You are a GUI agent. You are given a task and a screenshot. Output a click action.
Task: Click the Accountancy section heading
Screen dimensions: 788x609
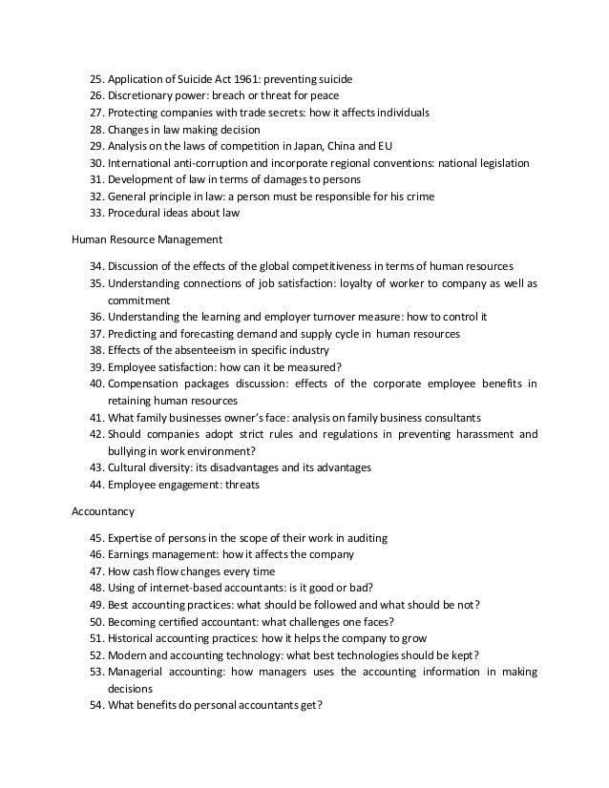(105, 510)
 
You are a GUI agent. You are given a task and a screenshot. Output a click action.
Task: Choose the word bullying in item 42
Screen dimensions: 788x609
(127, 450)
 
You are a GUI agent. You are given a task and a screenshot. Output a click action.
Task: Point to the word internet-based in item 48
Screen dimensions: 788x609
(189, 588)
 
